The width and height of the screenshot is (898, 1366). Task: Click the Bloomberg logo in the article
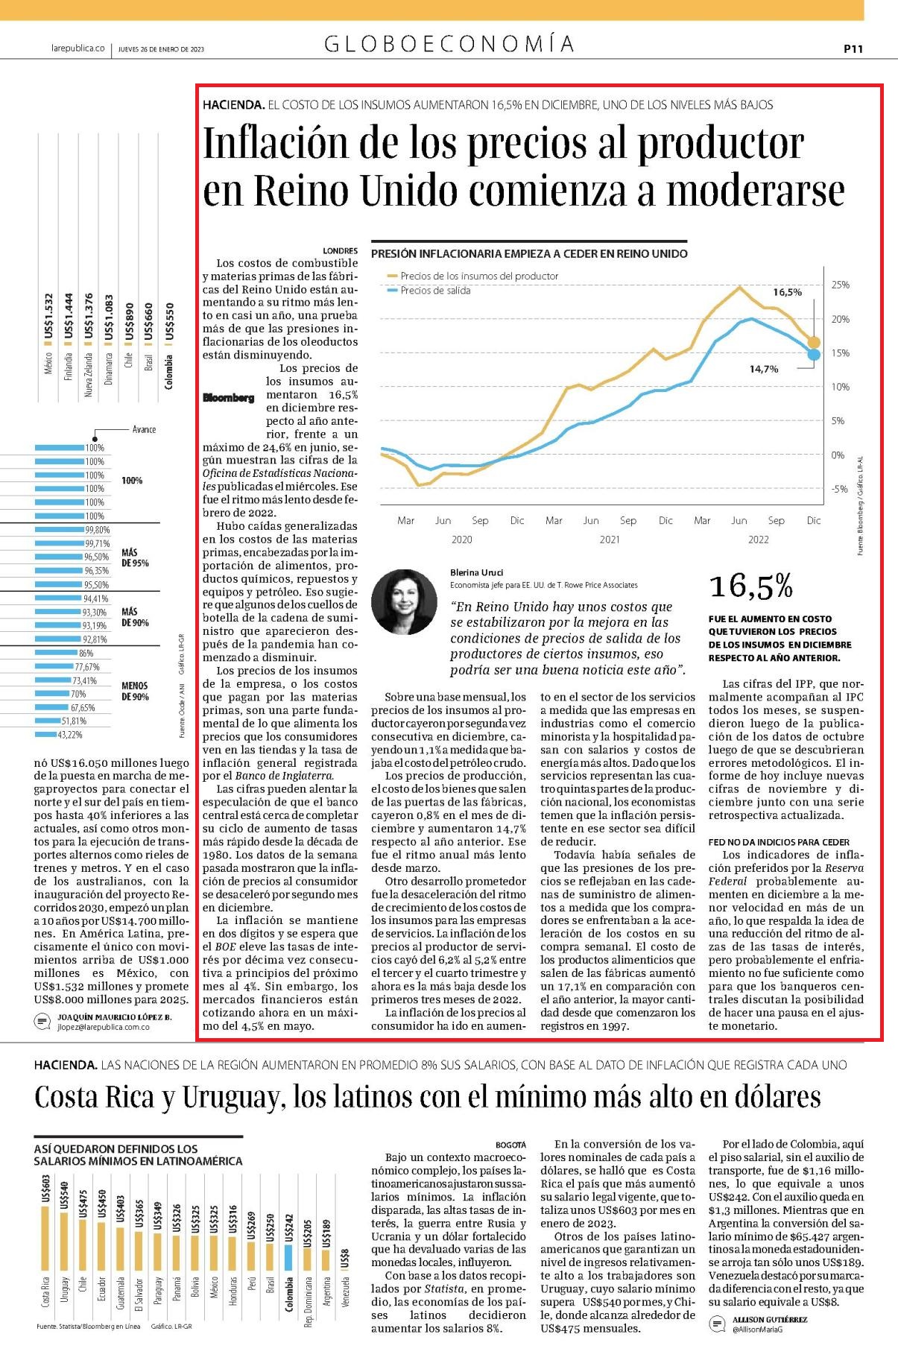pyautogui.click(x=229, y=397)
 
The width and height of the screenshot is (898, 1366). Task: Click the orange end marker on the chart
pyautogui.click(x=814, y=343)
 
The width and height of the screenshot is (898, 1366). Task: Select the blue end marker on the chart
pyautogui.click(x=814, y=354)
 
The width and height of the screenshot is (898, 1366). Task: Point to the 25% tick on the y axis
pyautogui.click(x=840, y=285)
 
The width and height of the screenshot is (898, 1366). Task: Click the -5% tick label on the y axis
pyautogui.click(x=840, y=489)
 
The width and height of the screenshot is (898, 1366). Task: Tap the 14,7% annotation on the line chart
pyautogui.click(x=764, y=369)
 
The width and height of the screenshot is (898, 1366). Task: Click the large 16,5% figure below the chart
pyautogui.click(x=751, y=586)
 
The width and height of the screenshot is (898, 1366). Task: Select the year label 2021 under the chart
pyautogui.click(x=610, y=540)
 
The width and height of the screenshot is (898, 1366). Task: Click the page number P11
pyautogui.click(x=853, y=48)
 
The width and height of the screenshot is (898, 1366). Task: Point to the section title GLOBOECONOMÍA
pyautogui.click(x=449, y=44)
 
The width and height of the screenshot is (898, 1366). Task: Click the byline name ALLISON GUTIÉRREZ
pyautogui.click(x=770, y=1318)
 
